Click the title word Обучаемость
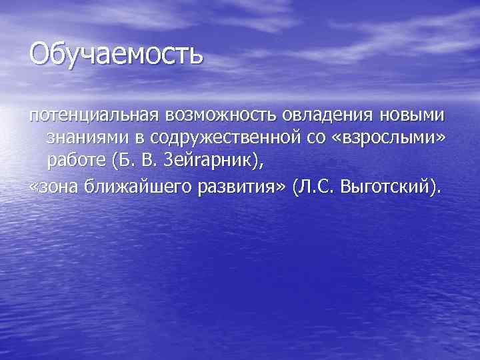click(x=115, y=54)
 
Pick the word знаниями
click(x=81, y=139)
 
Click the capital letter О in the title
click(x=39, y=53)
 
